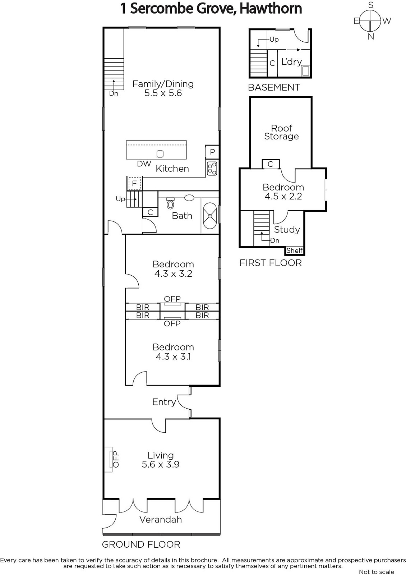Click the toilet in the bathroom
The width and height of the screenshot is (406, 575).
point(170,203)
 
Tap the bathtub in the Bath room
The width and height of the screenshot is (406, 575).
point(210,216)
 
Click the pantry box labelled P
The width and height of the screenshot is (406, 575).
point(212,152)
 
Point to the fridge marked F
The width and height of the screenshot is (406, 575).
point(134,184)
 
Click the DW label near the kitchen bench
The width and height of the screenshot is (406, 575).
point(144,164)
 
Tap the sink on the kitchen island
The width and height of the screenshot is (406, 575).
point(160,154)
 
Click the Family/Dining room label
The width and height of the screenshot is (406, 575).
point(163,84)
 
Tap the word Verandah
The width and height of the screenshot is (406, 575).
point(161,520)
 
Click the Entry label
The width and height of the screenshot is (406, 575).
point(164,402)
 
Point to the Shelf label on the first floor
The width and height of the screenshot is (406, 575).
point(295,250)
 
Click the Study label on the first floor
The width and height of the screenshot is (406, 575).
point(287,230)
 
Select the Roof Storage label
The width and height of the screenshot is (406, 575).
point(282,132)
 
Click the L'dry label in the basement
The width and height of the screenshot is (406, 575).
point(291,62)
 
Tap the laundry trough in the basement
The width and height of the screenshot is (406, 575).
point(305,70)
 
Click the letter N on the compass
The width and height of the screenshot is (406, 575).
point(370,37)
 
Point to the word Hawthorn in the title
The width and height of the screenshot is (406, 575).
point(271,8)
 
